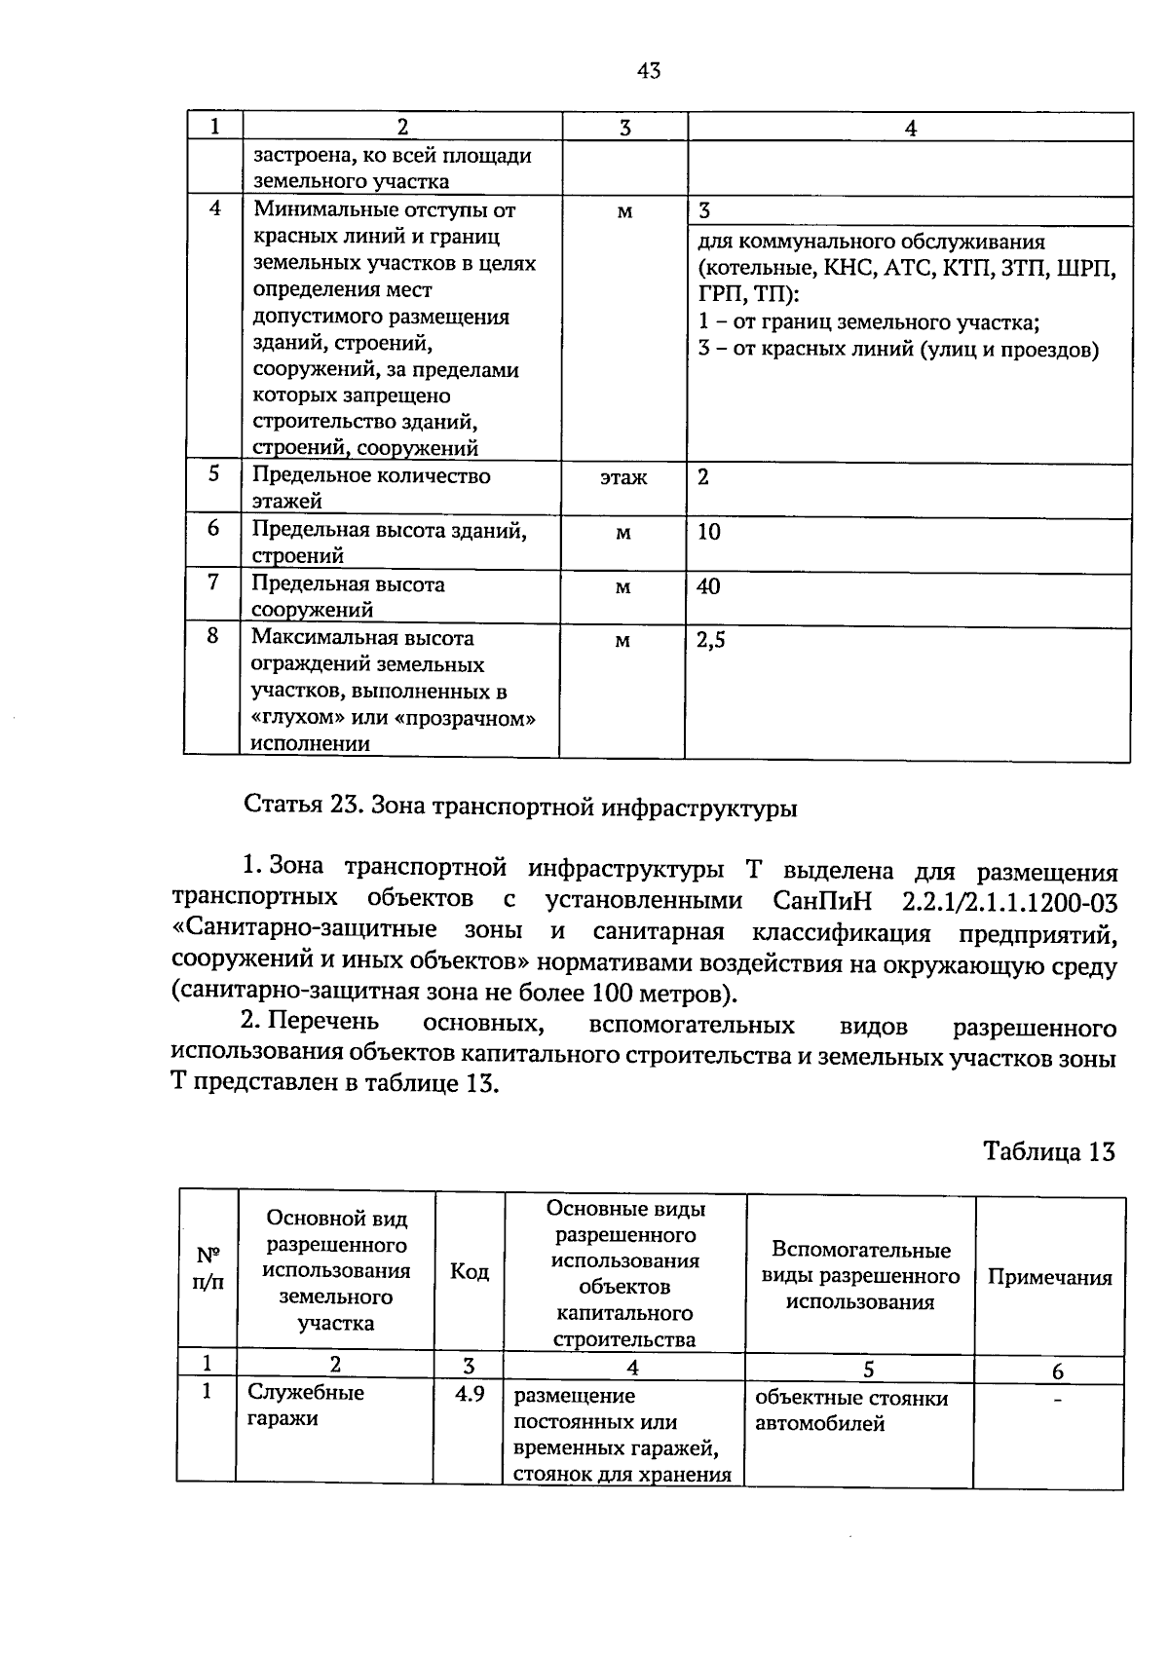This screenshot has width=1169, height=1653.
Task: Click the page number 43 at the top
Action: pos(648,70)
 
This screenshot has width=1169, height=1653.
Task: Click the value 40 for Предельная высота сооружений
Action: pos(708,586)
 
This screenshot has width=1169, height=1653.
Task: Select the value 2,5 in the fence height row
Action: pos(711,639)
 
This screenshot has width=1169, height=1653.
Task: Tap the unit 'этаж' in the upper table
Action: pos(623,478)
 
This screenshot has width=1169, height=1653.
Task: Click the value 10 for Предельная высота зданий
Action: pos(708,532)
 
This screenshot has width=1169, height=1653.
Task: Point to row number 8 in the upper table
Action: pos(212,636)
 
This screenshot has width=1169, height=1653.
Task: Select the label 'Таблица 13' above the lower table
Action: pos(1048,1152)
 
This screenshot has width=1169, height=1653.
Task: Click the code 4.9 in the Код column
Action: pos(470,1394)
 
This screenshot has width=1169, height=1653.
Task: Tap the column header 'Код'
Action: pos(470,1272)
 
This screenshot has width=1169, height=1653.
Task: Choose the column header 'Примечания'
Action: pos(1049,1278)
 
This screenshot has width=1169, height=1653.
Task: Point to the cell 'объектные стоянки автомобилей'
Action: pos(851,1410)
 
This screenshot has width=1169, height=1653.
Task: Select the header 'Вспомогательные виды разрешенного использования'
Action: pos(860,1275)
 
